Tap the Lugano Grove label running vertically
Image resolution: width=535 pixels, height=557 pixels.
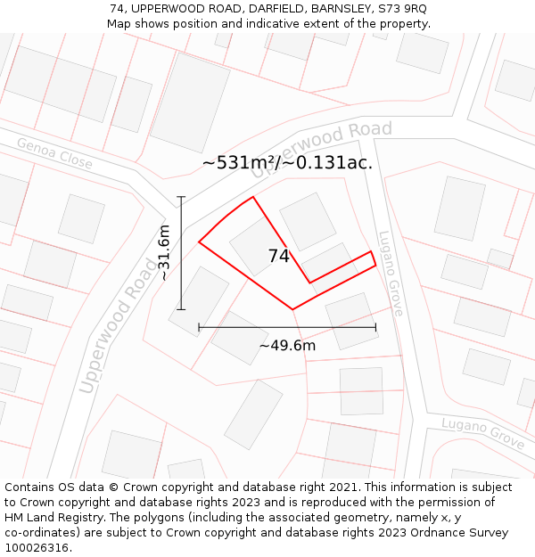click(x=391, y=274)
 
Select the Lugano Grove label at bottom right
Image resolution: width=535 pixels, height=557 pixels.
click(x=482, y=432)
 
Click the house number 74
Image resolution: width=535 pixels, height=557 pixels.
click(x=278, y=257)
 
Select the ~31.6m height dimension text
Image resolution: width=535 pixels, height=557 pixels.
click(x=163, y=253)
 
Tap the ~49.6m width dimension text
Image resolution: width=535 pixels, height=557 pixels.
click(x=287, y=346)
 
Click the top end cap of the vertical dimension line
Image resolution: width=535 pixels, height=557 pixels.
click(x=181, y=197)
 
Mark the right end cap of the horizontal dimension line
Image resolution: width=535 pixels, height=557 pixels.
click(x=375, y=327)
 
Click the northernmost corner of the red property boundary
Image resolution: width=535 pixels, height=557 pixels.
click(x=254, y=197)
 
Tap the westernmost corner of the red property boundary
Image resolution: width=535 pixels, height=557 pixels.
click(x=199, y=242)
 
